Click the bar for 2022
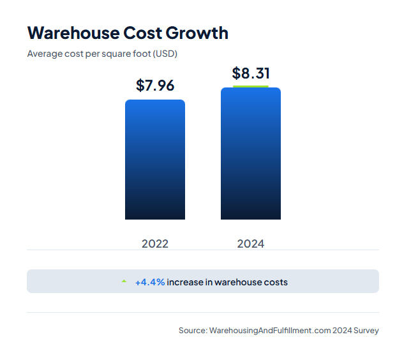coord(155,160)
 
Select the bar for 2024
coord(251,154)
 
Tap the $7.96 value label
coord(155,85)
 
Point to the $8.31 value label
coord(251,73)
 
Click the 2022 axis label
coord(155,243)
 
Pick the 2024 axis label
coord(251,243)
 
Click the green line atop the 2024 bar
coord(251,86)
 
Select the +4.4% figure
coord(149,281)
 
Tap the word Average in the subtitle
coord(44,54)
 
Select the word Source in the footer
coord(192,330)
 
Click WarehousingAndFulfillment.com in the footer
coord(269,330)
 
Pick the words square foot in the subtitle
coord(128,54)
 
